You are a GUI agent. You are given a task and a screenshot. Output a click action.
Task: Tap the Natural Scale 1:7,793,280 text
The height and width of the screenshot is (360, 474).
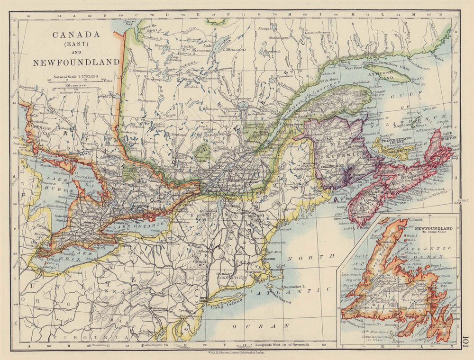click(x=76, y=76)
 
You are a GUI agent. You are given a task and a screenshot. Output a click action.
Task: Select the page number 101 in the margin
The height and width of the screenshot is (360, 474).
click(x=466, y=341)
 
